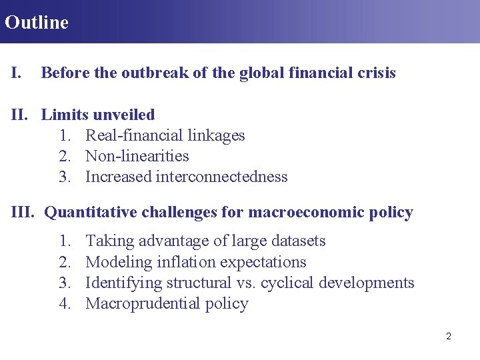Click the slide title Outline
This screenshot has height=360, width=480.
pyautogui.click(x=37, y=22)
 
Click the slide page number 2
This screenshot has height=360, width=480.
pyautogui.click(x=448, y=336)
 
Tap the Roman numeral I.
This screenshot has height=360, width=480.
pyautogui.click(x=16, y=73)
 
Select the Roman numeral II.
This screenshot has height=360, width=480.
pyautogui.click(x=21, y=115)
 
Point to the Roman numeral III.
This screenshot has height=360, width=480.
pyautogui.click(x=23, y=213)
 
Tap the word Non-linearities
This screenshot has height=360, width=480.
pyautogui.click(x=137, y=156)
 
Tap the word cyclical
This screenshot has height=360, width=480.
pyautogui.click(x=287, y=283)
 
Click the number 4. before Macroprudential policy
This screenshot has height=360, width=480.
pyautogui.click(x=65, y=304)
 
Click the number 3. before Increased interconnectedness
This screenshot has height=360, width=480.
pyautogui.click(x=65, y=177)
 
